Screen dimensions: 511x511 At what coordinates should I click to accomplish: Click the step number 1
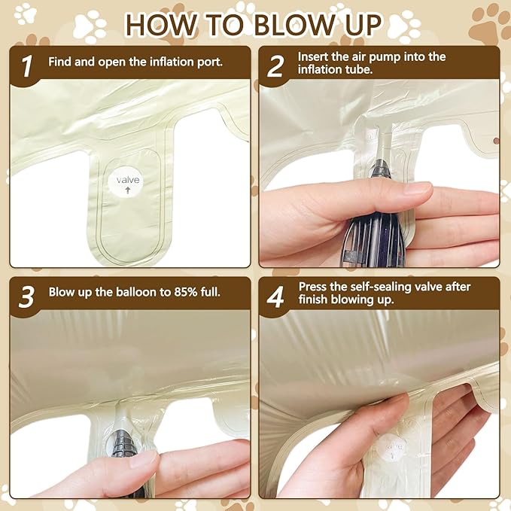(x=27, y=65)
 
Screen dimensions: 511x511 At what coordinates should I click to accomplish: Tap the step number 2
(x=275, y=66)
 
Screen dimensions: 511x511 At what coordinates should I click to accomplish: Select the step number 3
(x=26, y=297)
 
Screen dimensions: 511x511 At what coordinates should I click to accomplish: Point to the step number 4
(x=275, y=297)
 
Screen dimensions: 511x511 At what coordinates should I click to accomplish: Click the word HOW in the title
(x=162, y=25)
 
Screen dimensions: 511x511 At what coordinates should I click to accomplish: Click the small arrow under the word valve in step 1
(x=128, y=190)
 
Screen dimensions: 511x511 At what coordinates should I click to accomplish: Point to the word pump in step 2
(x=387, y=58)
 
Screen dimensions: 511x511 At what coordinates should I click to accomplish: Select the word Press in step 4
(x=312, y=287)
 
